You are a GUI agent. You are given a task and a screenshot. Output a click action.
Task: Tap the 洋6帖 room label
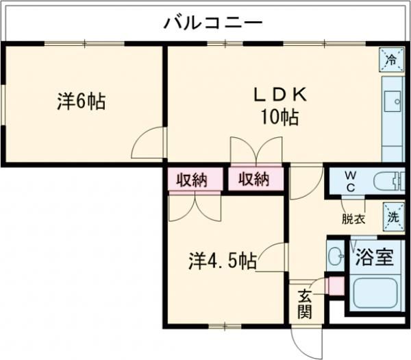(81, 102)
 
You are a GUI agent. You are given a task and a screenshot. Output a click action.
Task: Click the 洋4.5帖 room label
(223, 261)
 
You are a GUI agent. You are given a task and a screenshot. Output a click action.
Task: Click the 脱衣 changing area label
(353, 219)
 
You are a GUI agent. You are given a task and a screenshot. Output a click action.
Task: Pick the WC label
(349, 182)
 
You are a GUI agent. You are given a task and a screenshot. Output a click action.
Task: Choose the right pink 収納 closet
(253, 180)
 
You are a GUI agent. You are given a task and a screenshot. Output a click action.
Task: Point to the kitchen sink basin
(394, 102)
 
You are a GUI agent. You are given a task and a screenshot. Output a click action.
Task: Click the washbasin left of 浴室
(336, 256)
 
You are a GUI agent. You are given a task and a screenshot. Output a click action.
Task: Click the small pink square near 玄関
(336, 286)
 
